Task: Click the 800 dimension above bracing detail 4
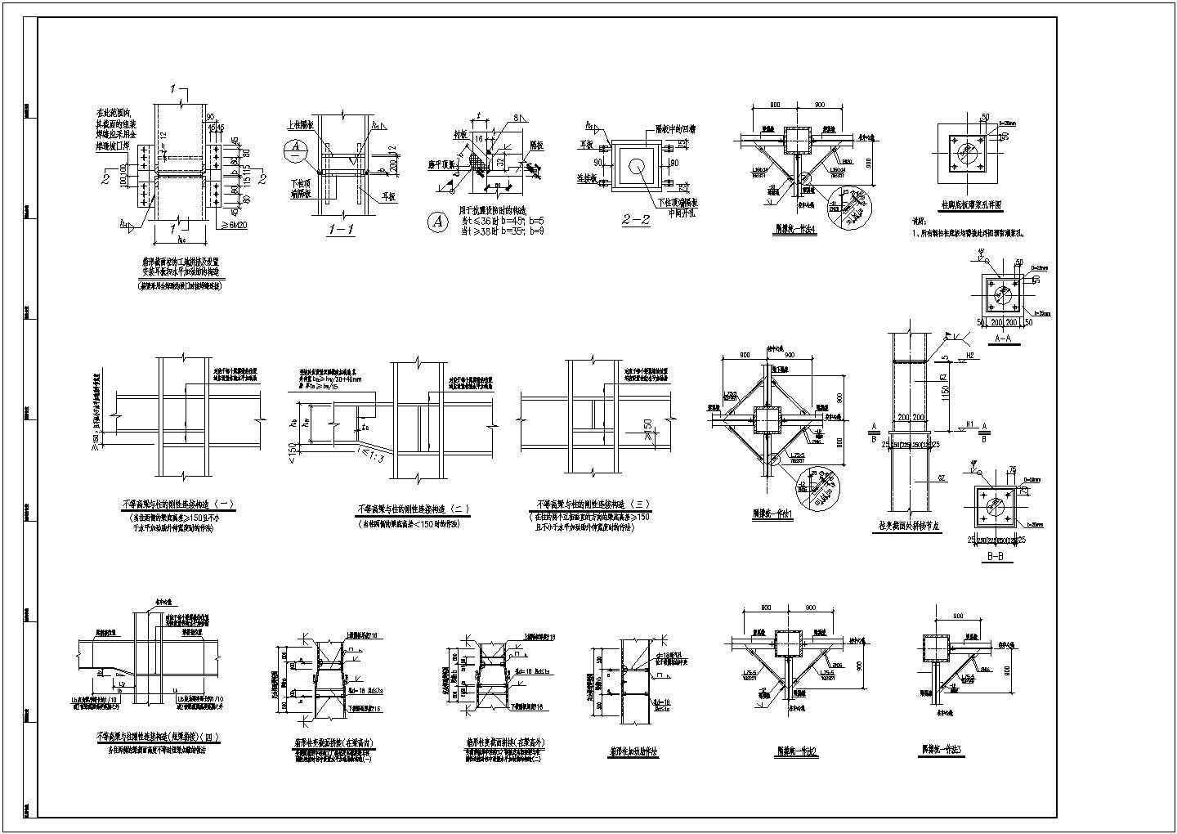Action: (774, 105)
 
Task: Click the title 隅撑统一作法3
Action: (942, 748)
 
